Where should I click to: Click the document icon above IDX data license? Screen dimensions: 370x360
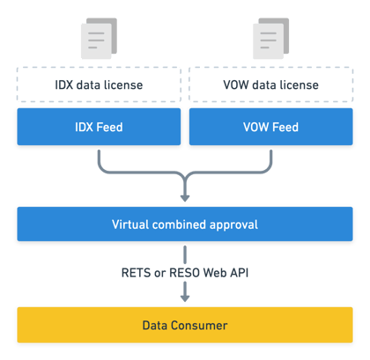(x=99, y=39)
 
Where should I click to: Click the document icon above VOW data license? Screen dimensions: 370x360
(x=271, y=39)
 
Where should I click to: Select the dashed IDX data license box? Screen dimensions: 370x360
(x=99, y=84)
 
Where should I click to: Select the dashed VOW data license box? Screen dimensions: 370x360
(x=271, y=84)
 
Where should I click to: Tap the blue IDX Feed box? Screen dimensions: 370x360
(x=99, y=127)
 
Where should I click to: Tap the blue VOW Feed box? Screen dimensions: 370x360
(x=271, y=127)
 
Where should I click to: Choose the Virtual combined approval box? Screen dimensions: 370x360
(x=185, y=224)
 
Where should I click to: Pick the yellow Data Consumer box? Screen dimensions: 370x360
(x=185, y=325)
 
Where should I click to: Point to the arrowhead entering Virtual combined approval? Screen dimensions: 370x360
(x=185, y=198)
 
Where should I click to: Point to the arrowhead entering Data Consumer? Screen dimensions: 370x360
(x=185, y=298)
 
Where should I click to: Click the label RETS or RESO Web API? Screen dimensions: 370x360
(x=185, y=273)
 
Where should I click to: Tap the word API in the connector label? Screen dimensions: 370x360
(x=240, y=273)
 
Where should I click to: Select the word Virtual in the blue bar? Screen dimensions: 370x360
(x=130, y=224)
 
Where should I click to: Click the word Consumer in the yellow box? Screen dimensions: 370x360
(x=199, y=326)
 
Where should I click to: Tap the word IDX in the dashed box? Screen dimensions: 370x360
(x=63, y=84)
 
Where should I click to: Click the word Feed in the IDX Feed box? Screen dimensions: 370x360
(x=109, y=127)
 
